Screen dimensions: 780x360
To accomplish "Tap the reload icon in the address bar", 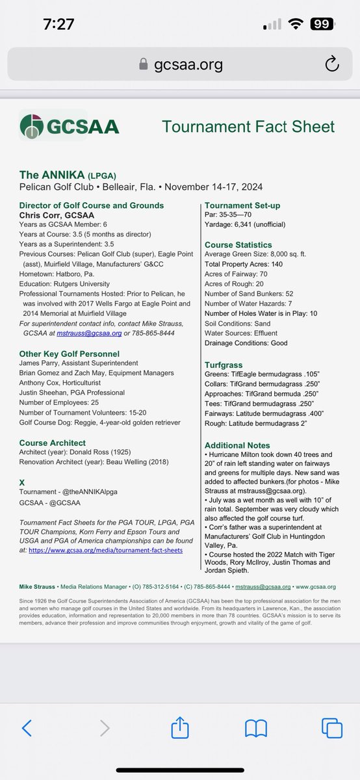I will (x=331, y=64).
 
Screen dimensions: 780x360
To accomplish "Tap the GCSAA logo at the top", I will (x=70, y=125).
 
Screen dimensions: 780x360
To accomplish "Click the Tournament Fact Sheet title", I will (x=248, y=126).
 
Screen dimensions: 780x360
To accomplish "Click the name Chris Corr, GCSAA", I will (x=57, y=215).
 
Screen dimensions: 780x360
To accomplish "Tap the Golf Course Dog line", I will (x=99, y=422).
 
